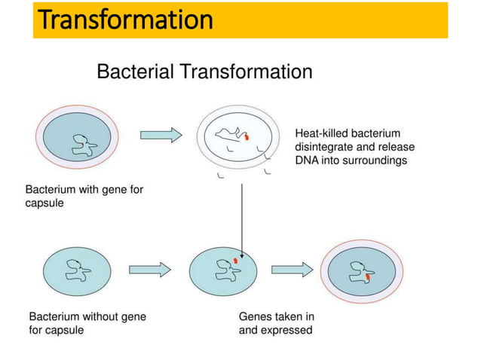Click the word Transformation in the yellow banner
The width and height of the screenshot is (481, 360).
pyautogui.click(x=125, y=20)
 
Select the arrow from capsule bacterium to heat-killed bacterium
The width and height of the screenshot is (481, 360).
pyautogui.click(x=161, y=135)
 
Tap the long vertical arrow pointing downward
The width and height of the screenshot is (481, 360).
pyautogui.click(x=241, y=218)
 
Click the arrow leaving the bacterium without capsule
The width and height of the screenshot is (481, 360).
pyautogui.click(x=150, y=269)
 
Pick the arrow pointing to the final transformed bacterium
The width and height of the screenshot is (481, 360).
pyautogui.click(x=292, y=269)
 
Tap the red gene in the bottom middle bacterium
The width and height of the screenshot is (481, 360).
pyautogui.click(x=234, y=261)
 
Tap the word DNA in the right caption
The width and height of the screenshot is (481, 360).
pyautogui.click(x=308, y=160)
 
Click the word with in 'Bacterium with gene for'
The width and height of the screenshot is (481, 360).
pyautogui.click(x=89, y=190)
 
